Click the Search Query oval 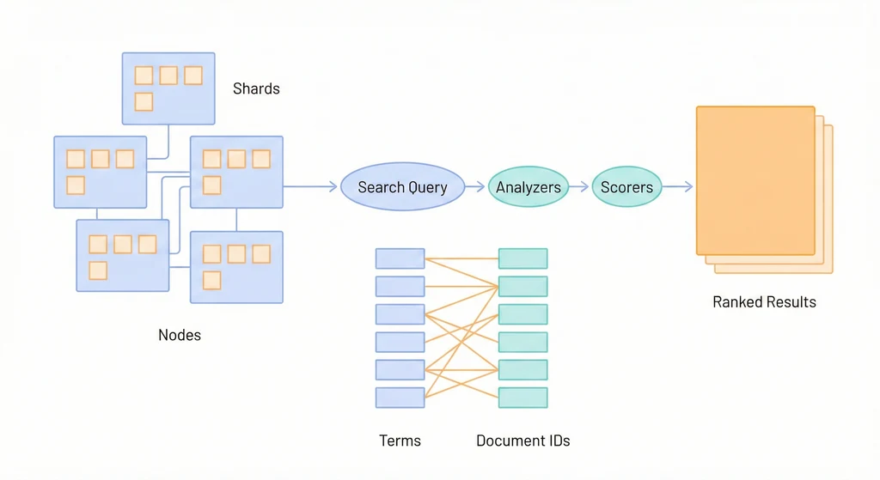point(402,187)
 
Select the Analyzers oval point(529,187)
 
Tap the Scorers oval point(626,187)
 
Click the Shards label point(256,88)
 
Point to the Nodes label point(180,335)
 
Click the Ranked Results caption point(764,302)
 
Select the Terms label point(400,441)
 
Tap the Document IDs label point(523,441)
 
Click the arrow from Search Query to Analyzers point(475,187)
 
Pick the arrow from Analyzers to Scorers point(580,187)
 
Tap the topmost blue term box point(400,258)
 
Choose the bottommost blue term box point(400,398)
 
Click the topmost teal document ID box point(522,258)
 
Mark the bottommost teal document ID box point(522,398)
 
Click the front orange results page point(755,180)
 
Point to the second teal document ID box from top point(522,286)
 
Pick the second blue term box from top point(400,286)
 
